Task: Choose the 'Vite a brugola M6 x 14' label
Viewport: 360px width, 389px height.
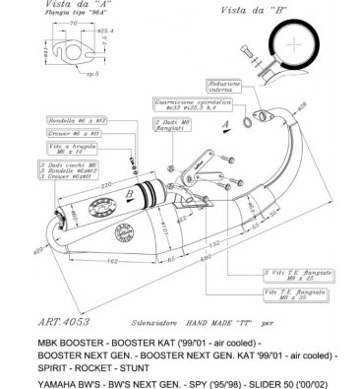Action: tap(45, 150)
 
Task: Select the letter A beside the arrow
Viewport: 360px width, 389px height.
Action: tap(224, 126)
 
